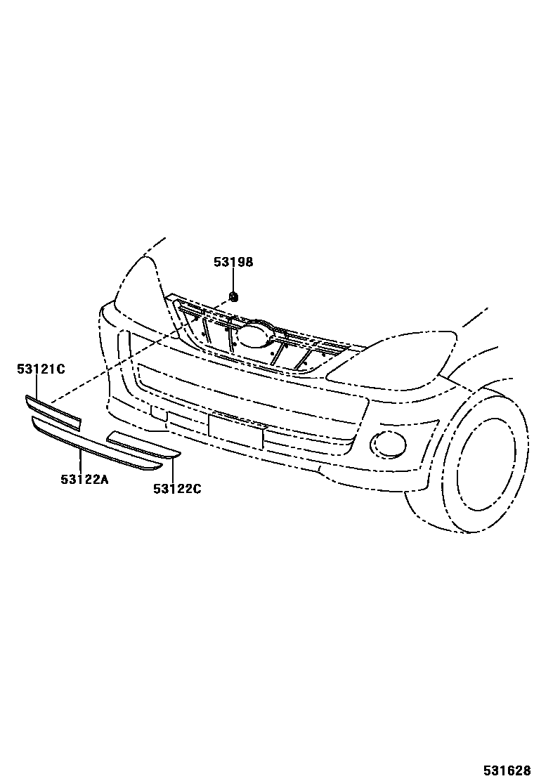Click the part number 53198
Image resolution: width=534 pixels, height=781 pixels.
tap(233, 263)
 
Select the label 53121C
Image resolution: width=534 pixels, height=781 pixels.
tap(41, 369)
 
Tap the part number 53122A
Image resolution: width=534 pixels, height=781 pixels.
tap(84, 479)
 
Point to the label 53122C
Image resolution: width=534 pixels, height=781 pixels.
tap(177, 488)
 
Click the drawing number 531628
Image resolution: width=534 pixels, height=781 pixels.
tap(506, 770)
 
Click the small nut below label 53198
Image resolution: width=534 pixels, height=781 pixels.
tap(234, 296)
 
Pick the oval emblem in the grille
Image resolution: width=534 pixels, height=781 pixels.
tap(254, 334)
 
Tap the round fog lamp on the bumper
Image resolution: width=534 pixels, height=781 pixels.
tap(385, 442)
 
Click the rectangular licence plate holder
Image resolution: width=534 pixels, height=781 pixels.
tap(235, 431)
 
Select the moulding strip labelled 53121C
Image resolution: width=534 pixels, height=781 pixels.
tap(53, 413)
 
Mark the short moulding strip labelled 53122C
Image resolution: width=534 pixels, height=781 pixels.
tap(143, 447)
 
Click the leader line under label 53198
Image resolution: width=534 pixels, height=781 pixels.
tap(233, 280)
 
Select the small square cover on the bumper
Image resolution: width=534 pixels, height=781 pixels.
tap(158, 413)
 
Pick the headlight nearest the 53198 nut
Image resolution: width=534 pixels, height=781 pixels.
tap(144, 295)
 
